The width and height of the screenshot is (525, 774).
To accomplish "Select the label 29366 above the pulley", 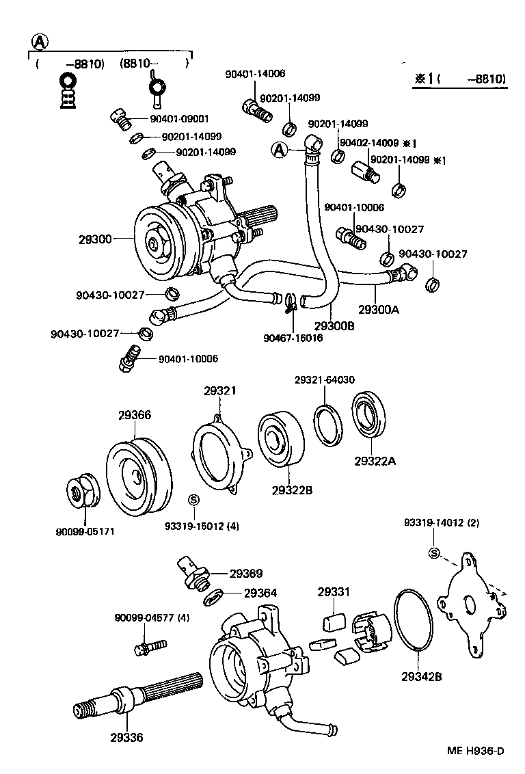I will [x=135, y=415].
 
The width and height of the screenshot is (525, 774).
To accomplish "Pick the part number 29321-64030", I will [x=325, y=379].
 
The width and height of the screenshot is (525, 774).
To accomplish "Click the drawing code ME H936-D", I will [x=476, y=751].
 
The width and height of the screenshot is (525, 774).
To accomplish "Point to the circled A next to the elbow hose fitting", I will [x=279, y=150].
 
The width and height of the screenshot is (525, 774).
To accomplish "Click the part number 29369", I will [x=246, y=574].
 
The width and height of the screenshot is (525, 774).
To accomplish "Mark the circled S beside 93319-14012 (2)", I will [x=433, y=552].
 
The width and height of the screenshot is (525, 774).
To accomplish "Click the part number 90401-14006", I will [x=255, y=73].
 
